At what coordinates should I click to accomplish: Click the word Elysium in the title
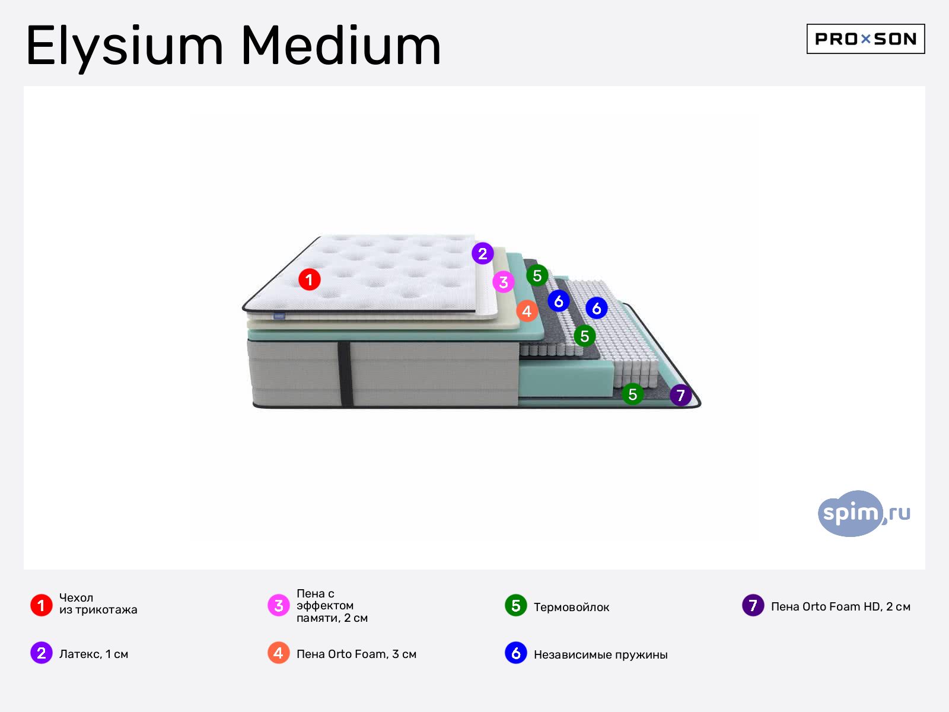click(x=125, y=47)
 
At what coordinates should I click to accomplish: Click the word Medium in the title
click(x=340, y=46)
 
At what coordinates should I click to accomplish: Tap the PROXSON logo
click(x=865, y=39)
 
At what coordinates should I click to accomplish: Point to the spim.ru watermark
click(x=864, y=514)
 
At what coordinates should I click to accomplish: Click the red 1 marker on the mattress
click(x=310, y=279)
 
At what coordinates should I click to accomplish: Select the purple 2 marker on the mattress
click(x=482, y=253)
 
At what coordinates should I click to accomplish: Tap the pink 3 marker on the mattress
click(x=503, y=282)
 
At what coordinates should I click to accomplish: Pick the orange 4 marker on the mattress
click(x=527, y=311)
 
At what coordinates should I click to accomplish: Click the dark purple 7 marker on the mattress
click(x=680, y=395)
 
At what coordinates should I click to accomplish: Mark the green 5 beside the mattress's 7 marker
click(x=632, y=394)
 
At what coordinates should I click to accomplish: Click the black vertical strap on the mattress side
click(x=345, y=374)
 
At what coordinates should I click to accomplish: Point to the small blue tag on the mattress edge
click(x=279, y=316)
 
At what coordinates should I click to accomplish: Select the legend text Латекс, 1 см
click(x=94, y=654)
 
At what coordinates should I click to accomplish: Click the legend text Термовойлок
click(x=572, y=607)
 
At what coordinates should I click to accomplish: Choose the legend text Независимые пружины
click(x=600, y=654)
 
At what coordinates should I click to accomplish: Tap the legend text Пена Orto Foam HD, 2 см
click(x=840, y=606)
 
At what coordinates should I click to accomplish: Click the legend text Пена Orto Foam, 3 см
click(x=356, y=654)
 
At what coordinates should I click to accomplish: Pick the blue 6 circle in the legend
click(x=516, y=653)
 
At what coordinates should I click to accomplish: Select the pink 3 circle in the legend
click(x=278, y=605)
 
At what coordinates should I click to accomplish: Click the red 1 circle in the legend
click(x=42, y=605)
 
